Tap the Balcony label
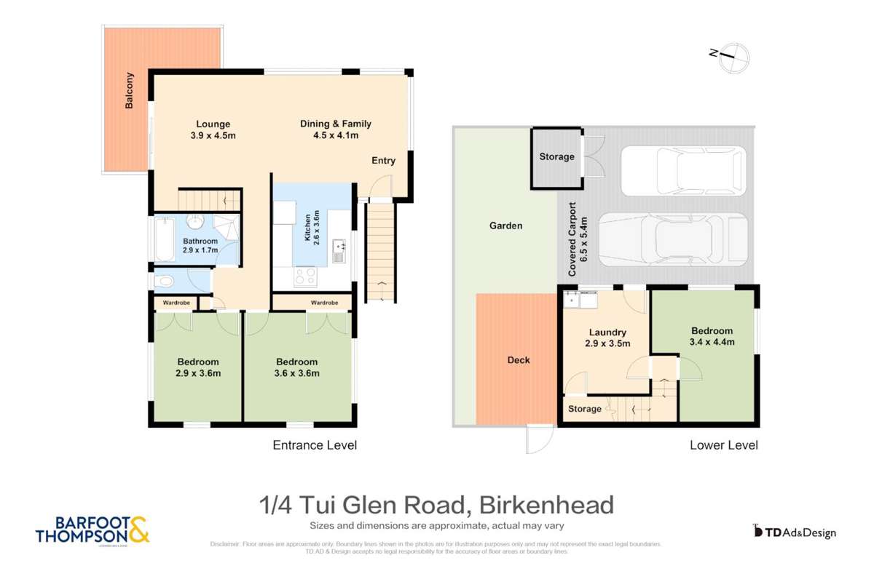coord(130,90)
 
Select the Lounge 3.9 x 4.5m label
coord(213,129)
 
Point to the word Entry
coord(384,161)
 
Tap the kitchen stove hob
coord(305,276)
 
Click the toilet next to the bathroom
coord(164,281)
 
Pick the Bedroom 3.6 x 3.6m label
coord(297,367)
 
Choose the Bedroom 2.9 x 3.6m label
coord(198,367)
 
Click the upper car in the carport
coord(682,170)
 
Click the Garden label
coord(505,226)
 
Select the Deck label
coord(519,360)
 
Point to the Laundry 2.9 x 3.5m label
coord(608,338)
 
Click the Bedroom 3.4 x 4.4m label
coord(712,336)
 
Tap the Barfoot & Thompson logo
coord(92,530)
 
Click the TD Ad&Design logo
coord(794,532)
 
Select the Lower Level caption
coord(723,445)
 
